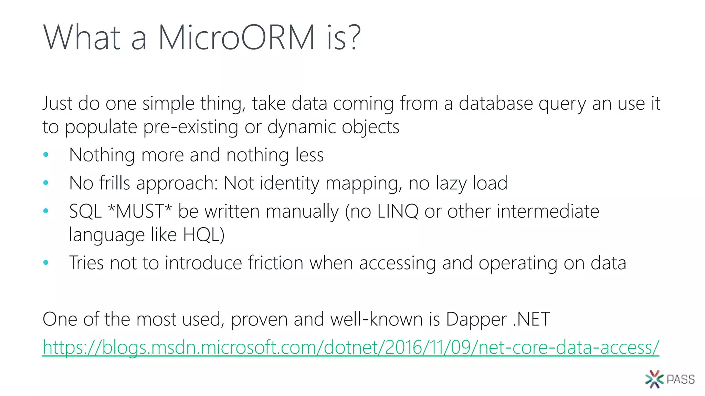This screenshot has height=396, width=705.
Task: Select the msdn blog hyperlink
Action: (350, 347)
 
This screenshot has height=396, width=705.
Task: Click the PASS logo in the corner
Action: (670, 379)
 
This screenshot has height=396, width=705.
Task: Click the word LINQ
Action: (398, 211)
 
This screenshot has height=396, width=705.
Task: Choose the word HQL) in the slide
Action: (203, 235)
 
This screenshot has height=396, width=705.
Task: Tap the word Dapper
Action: (476, 319)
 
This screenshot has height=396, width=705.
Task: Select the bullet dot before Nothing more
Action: (46, 155)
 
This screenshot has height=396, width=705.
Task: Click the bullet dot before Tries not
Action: (46, 263)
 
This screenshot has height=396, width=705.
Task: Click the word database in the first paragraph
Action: (496, 103)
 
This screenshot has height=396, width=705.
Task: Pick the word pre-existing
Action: (190, 127)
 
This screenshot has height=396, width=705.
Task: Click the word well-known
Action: (376, 319)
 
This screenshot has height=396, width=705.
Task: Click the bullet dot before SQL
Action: (46, 211)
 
